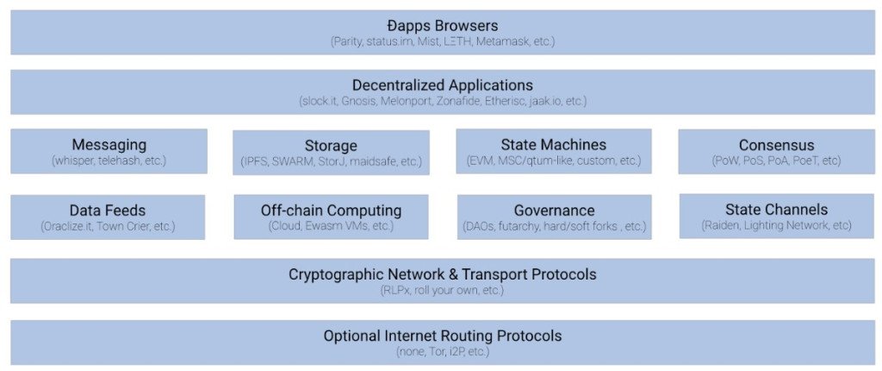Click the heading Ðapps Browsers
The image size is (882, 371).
[x=443, y=26]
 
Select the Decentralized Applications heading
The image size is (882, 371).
[x=443, y=85]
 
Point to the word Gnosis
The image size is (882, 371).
[x=358, y=102]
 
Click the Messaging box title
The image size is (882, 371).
[x=109, y=145]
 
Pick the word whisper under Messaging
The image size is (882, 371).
[x=76, y=160]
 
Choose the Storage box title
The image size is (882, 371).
[x=331, y=146]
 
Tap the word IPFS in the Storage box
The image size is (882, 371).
[x=255, y=162]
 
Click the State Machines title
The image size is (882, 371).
[x=554, y=145]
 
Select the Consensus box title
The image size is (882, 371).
[x=776, y=145]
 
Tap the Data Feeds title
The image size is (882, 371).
[x=108, y=211]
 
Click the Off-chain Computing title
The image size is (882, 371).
[x=331, y=211]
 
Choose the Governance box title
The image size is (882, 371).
[x=554, y=211]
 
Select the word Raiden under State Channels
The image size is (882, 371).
[x=721, y=225]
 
